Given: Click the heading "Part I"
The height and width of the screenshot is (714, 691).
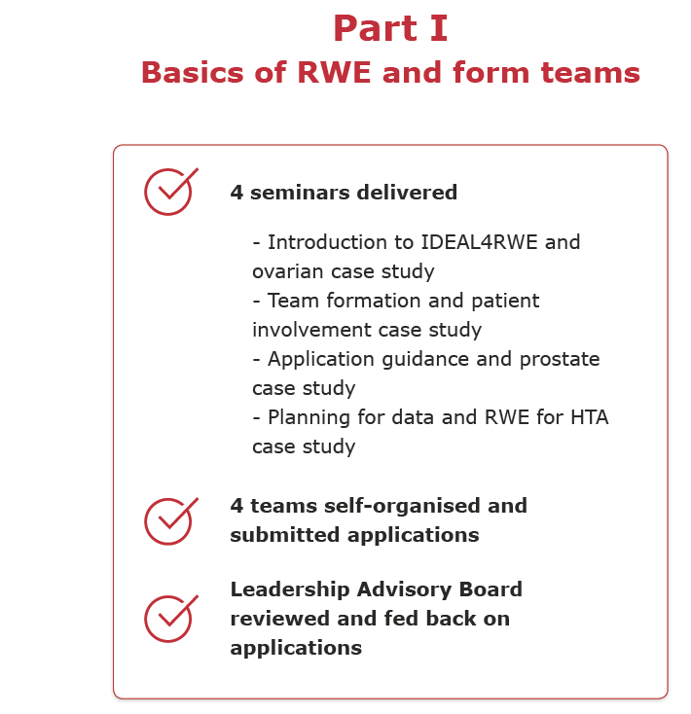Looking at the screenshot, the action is click(x=390, y=28).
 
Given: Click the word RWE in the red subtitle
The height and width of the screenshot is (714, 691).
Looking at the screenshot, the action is click(x=334, y=72).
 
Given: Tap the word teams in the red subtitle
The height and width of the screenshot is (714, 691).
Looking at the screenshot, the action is click(x=591, y=72).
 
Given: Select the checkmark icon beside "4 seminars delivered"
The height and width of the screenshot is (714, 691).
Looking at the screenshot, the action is click(x=171, y=192).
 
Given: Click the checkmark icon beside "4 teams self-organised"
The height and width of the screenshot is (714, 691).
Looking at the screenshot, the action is click(x=171, y=521).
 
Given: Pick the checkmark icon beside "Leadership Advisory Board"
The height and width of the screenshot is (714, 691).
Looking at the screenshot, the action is click(x=171, y=619).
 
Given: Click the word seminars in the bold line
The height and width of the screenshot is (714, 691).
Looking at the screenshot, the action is click(x=300, y=193).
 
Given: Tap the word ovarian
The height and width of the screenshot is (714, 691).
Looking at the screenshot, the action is click(x=288, y=271).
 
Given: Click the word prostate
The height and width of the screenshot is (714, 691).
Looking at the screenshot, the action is click(x=560, y=360).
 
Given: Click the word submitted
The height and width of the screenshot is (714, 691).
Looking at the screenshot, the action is click(x=285, y=535).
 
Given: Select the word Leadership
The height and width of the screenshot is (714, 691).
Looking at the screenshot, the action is click(x=290, y=590).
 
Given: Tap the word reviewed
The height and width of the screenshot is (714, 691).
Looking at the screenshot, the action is click(x=280, y=619).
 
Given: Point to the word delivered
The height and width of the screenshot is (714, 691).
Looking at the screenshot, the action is click(x=407, y=193).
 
